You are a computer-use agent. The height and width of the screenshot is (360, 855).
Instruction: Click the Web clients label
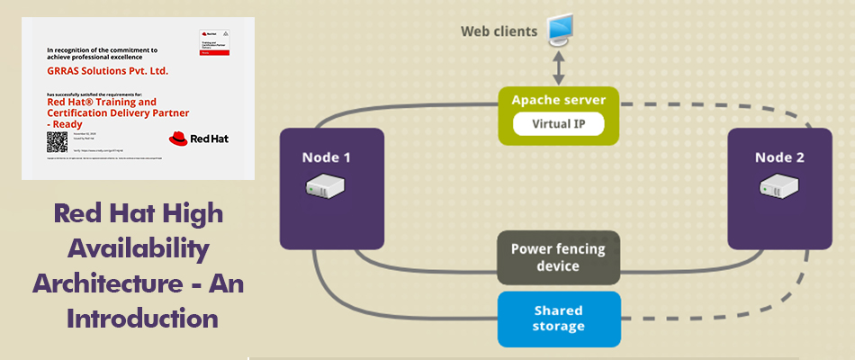[499, 31]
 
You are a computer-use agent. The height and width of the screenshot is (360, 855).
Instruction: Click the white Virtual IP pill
[558, 124]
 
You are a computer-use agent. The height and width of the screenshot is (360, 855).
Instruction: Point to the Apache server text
[558, 100]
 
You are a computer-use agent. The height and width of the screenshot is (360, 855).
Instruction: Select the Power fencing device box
[558, 257]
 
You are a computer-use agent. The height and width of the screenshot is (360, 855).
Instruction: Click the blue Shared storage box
[558, 319]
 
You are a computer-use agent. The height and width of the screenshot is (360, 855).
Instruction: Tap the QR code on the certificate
[57, 141]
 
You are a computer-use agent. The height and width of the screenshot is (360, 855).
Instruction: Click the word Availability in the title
[138, 247]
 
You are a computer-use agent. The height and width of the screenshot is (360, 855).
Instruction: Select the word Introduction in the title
[137, 318]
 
